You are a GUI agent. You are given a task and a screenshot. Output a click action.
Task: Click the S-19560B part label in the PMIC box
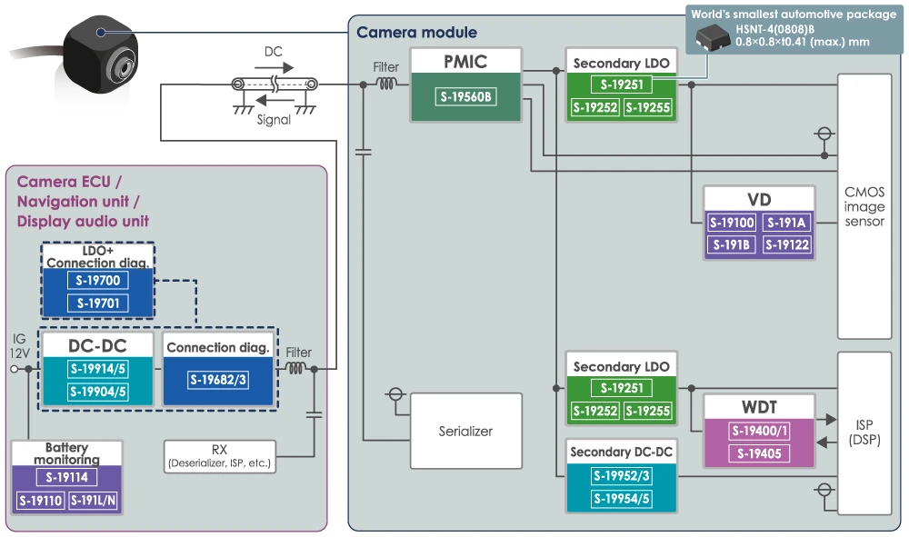(466, 96)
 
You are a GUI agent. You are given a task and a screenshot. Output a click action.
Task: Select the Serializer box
(466, 431)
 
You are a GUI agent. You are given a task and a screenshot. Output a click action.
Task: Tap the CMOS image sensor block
(864, 207)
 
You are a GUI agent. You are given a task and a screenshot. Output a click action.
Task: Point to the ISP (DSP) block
(864, 433)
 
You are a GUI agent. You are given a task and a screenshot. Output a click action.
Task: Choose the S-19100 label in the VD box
(732, 223)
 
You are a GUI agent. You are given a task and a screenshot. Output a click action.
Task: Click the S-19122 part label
(786, 244)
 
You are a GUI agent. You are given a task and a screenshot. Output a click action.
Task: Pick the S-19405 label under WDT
(759, 453)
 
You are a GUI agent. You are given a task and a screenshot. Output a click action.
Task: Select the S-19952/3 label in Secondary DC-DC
(621, 475)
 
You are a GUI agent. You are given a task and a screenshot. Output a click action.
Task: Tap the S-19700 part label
(98, 281)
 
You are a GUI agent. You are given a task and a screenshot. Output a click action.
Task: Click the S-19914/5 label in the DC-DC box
(98, 369)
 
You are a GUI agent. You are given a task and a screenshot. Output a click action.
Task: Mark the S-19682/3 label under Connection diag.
(218, 380)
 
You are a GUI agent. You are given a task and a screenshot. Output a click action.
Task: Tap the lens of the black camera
(122, 65)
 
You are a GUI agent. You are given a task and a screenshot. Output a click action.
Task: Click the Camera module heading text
(416, 33)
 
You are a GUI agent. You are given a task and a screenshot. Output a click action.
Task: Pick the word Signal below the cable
(273, 119)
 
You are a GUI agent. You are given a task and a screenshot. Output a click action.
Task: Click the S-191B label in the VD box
(732, 244)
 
